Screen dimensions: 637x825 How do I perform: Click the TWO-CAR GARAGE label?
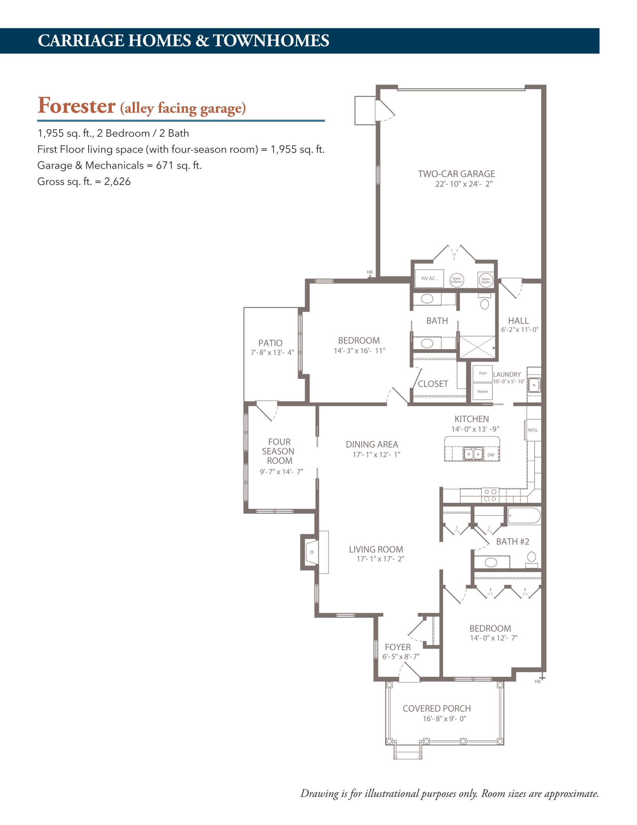[456, 174]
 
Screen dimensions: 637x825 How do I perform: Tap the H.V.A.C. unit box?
[429, 278]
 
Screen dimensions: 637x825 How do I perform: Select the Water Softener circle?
[457, 280]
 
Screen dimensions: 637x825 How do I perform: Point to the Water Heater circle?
[486, 281]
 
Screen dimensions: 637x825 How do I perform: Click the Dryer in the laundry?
[482, 374]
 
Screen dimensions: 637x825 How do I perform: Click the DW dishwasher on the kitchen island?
[491, 455]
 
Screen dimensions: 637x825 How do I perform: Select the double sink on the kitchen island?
[473, 453]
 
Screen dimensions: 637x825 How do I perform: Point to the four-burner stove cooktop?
[490, 495]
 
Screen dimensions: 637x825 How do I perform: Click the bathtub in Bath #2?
[524, 516]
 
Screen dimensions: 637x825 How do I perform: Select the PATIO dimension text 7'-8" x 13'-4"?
[272, 353]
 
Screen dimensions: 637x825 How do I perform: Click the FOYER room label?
[398, 647]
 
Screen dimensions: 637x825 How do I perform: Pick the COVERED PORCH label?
[437, 709]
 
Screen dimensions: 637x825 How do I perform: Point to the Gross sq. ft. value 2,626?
[118, 182]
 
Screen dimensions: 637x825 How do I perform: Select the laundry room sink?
[534, 385]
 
